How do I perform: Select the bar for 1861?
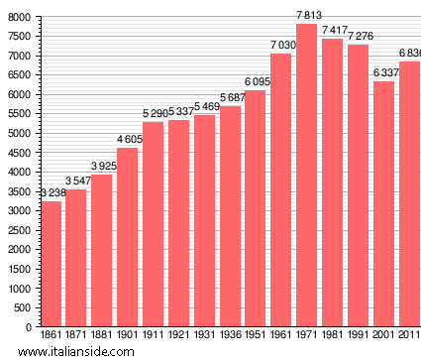[x=51, y=264]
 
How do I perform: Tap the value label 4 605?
[x=128, y=140]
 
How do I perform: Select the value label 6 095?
[x=256, y=82]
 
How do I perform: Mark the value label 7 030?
[x=281, y=46]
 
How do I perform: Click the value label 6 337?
[x=383, y=72]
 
